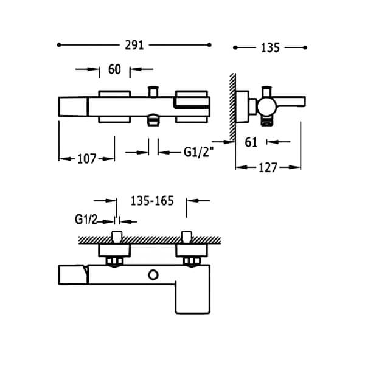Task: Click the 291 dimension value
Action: (134, 45)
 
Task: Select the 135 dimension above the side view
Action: (270, 48)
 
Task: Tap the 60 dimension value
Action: (114, 69)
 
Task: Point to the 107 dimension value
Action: (86, 159)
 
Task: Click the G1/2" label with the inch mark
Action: (198, 153)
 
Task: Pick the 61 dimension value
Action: (251, 142)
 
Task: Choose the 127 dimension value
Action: (268, 168)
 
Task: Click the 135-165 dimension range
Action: (152, 201)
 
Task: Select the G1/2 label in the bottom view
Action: (86, 219)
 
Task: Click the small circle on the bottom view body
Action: (153, 275)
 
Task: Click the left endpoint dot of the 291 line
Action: (59, 45)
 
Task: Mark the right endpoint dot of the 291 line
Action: (209, 45)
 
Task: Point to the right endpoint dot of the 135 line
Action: (305, 47)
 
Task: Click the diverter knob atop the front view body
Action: (153, 91)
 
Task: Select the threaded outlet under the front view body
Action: (153, 120)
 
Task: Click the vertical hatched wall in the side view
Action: (232, 107)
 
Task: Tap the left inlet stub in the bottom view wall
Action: (117, 237)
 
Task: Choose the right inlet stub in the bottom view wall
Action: (187, 237)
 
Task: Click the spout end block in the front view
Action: (73, 107)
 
